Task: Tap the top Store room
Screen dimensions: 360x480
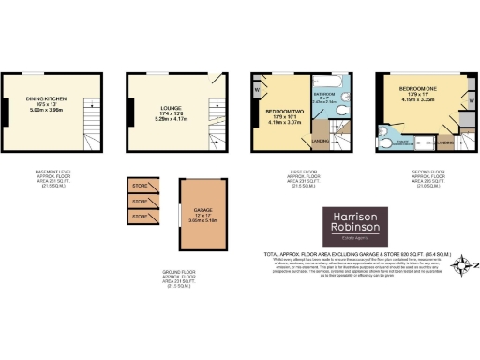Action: [x=140, y=185]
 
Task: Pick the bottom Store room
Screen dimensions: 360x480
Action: [x=140, y=216]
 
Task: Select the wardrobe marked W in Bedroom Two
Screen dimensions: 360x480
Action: [x=257, y=91]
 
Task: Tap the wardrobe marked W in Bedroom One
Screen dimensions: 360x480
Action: [x=471, y=97]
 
